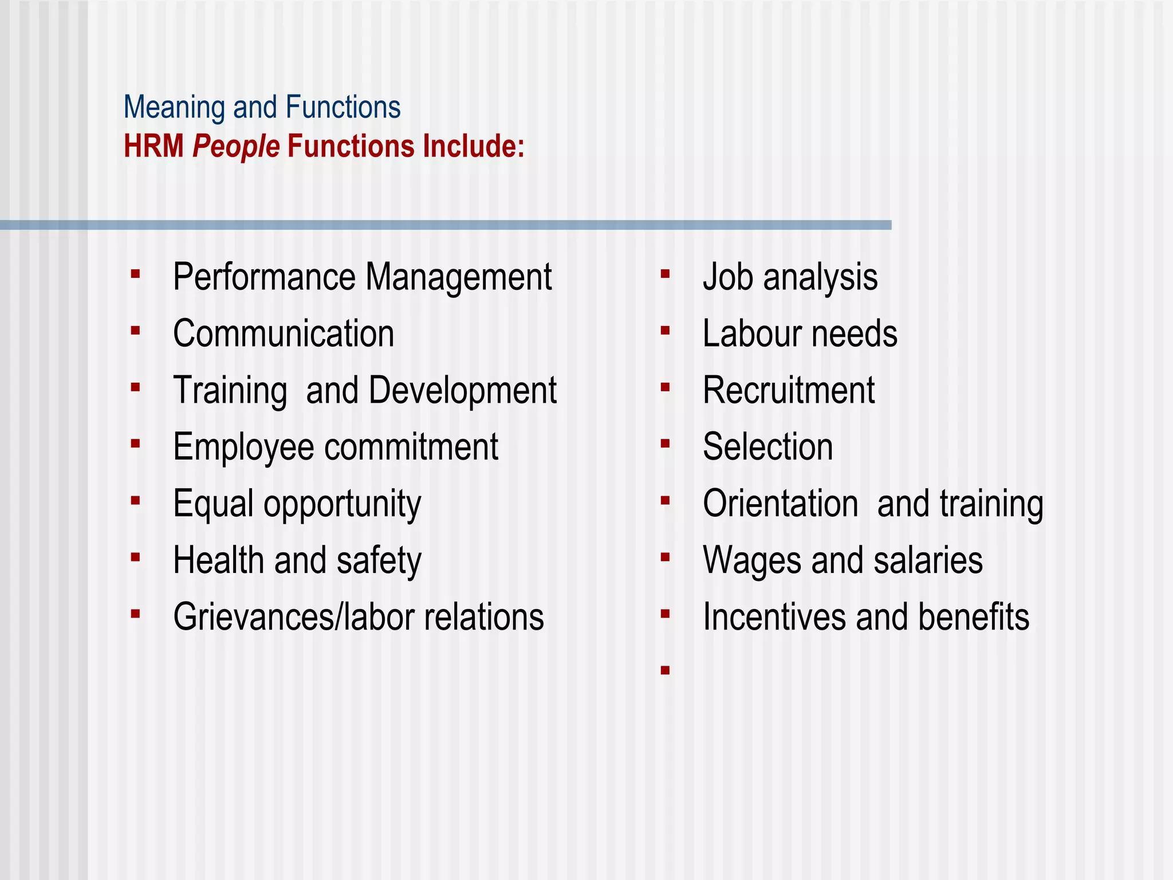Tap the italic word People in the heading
(236, 147)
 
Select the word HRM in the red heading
(153, 146)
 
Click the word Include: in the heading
(474, 146)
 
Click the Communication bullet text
(284, 334)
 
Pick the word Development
(462, 391)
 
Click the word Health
(219, 560)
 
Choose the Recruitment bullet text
(789, 391)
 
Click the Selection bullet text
(767, 447)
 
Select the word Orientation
(780, 504)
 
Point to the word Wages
(752, 561)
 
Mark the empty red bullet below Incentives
(665, 670)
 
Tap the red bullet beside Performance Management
(135, 274)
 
